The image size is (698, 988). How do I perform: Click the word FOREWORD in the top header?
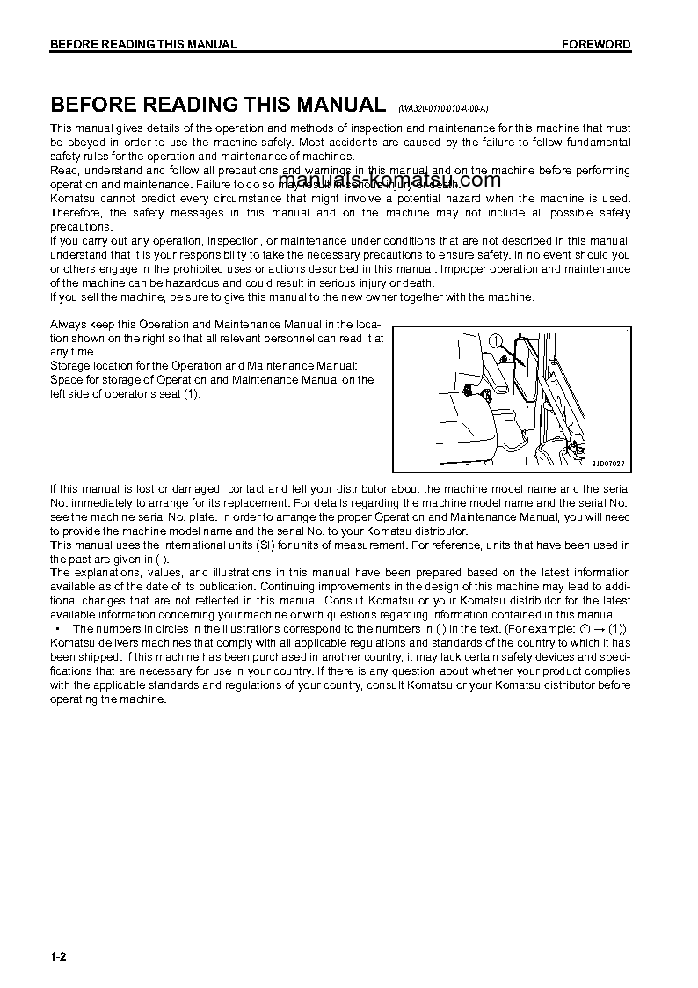coord(596,45)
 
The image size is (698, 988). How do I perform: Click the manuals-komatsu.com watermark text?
coord(389,180)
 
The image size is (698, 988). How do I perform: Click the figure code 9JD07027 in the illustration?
coord(607,463)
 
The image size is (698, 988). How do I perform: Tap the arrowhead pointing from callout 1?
coord(509,359)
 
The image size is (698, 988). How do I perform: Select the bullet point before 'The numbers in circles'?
coord(57,629)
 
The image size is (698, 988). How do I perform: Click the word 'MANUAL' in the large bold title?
coord(338,105)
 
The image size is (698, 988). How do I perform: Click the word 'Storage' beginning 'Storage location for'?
coord(71,365)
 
